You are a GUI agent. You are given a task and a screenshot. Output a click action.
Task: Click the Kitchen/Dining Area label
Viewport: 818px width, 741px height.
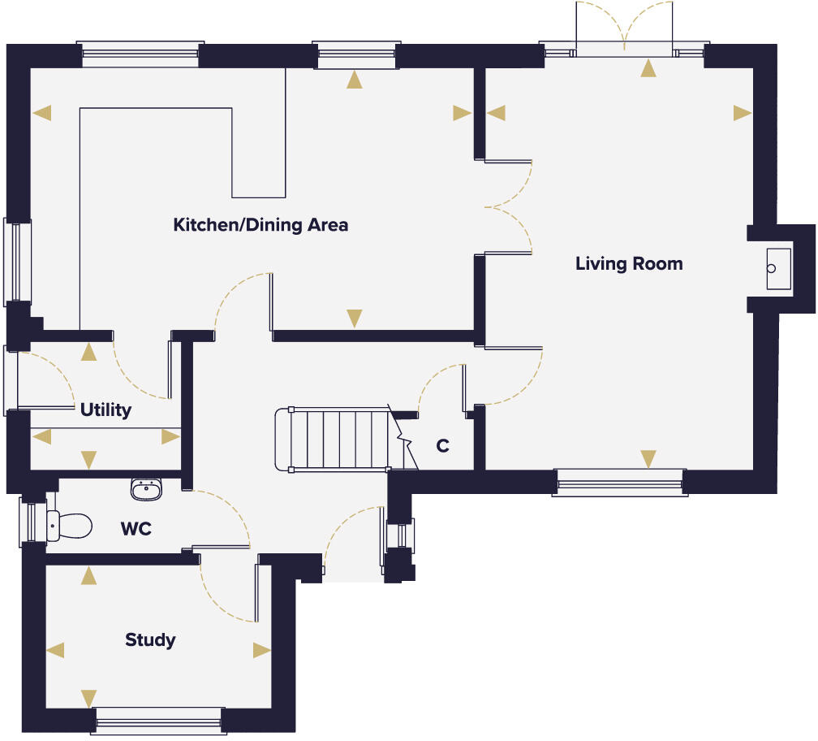coord(260,225)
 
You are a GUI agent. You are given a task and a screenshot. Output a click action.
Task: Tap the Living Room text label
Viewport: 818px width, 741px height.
coord(629,264)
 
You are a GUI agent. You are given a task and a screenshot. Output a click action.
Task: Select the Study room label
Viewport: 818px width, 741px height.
coord(150,640)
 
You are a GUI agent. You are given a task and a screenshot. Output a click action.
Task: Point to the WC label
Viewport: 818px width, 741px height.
coord(136,530)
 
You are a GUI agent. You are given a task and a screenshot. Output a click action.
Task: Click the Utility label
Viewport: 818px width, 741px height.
coord(105,410)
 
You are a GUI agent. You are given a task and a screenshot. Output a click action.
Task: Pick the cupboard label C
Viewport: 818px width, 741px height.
coord(442,446)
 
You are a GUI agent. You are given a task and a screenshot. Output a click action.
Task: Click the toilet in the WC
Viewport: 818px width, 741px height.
coord(68,526)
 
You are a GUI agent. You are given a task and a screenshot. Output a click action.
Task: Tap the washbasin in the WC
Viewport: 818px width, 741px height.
coord(146,488)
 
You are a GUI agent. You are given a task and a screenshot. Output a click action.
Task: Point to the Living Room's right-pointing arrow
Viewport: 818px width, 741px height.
coord(742,113)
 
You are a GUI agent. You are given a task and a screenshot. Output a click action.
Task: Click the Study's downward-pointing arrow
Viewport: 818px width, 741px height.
coord(88,698)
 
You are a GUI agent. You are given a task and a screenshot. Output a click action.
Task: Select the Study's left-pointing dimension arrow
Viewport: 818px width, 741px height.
coord(55,650)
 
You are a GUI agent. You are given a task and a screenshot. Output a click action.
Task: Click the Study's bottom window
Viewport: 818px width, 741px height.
coord(158,718)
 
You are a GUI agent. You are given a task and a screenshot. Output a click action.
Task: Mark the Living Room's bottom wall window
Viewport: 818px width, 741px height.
coord(620,483)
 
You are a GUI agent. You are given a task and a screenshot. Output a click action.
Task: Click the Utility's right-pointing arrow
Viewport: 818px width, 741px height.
coord(170,437)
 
